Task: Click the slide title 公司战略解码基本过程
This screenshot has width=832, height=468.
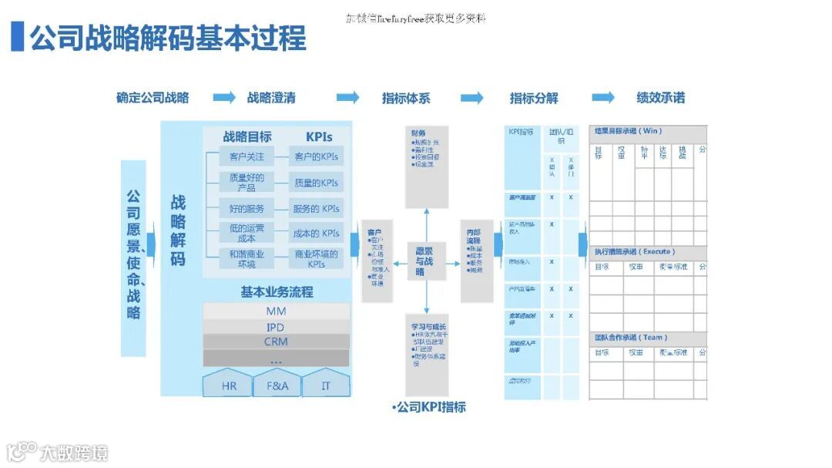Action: pos(167,38)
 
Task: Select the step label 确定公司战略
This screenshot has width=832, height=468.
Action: pos(153,98)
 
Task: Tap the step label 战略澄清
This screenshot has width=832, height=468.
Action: pos(271,98)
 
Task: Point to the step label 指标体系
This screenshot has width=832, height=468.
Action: pos(406,98)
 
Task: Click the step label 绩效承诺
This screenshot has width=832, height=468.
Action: pos(660,98)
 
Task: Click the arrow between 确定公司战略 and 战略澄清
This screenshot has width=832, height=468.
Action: pos(224,97)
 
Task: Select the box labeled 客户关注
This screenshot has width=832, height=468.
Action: pos(247,157)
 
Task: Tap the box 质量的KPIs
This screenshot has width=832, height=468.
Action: pos(316,183)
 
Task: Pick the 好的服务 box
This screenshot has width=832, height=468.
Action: pos(247,208)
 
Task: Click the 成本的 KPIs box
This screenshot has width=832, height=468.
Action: pos(316,233)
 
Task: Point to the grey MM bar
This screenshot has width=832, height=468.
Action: pos(276,311)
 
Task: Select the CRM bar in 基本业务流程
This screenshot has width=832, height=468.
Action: pos(276,342)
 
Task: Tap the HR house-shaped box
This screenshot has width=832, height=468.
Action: pos(229,385)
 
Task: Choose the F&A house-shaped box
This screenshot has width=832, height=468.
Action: pos(277,385)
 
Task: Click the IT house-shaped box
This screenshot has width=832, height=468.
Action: pos(325,385)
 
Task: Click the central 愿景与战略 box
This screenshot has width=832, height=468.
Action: pos(425,261)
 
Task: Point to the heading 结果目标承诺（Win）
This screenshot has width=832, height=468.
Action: pos(628,131)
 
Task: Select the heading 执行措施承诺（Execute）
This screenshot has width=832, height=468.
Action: pos(634,251)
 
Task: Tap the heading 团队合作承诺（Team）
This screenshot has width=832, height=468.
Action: pos(631,338)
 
